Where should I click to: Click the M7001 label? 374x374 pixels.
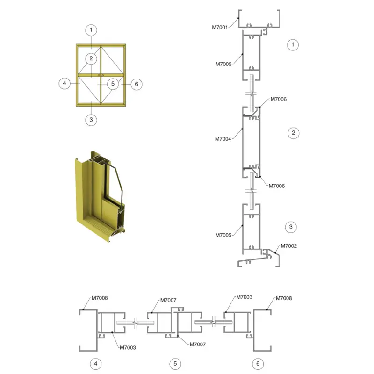point(220,27)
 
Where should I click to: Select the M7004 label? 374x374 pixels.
point(223,139)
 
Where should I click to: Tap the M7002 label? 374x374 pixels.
point(288,246)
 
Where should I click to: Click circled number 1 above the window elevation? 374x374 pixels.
point(91,30)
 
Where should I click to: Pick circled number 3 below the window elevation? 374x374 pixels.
point(91,120)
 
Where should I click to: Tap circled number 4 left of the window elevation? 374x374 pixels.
point(65,83)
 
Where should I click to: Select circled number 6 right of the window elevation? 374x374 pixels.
point(137,84)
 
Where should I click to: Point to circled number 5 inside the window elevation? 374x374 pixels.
point(113,84)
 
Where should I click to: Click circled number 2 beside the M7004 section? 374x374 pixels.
point(294,133)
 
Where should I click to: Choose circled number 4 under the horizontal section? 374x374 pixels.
point(96,364)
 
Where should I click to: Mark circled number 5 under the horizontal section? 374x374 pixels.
point(175,364)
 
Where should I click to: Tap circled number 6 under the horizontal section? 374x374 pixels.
point(258,364)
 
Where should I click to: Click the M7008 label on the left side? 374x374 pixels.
point(100,298)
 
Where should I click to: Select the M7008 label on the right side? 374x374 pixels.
point(284,298)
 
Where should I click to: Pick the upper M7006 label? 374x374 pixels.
point(278,99)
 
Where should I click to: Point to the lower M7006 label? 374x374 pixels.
point(277,186)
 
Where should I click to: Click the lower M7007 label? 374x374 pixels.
point(197,344)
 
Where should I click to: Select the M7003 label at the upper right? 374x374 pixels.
point(244,297)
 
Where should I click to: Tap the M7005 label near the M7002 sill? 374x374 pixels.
point(223,235)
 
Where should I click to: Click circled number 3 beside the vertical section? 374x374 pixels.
point(291,227)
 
